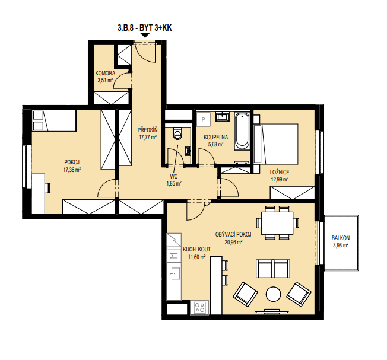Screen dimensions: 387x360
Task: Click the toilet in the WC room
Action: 177,133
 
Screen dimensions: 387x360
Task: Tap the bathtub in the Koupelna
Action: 242,131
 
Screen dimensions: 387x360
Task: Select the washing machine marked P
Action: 203,120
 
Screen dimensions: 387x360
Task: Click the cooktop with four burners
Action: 199,307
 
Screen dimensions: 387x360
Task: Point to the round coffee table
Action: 273,294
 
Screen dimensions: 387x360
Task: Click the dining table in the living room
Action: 277,223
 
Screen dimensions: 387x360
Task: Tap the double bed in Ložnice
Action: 276,144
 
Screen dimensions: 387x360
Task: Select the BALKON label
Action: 341,238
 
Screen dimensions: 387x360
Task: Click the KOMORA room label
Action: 105,73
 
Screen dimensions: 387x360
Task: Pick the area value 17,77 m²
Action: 148,138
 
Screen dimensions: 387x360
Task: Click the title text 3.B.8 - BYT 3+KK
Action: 145,28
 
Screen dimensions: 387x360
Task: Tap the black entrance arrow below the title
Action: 145,35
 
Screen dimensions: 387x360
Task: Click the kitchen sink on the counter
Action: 175,273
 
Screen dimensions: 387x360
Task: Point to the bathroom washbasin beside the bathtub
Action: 223,117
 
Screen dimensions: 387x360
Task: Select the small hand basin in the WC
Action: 188,151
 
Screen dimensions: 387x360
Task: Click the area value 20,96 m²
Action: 233,243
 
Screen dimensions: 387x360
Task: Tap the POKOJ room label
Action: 72,162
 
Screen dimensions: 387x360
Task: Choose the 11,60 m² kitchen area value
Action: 196,257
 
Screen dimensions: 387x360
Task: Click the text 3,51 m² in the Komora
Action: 105,81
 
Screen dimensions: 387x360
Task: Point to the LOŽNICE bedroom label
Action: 280,172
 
